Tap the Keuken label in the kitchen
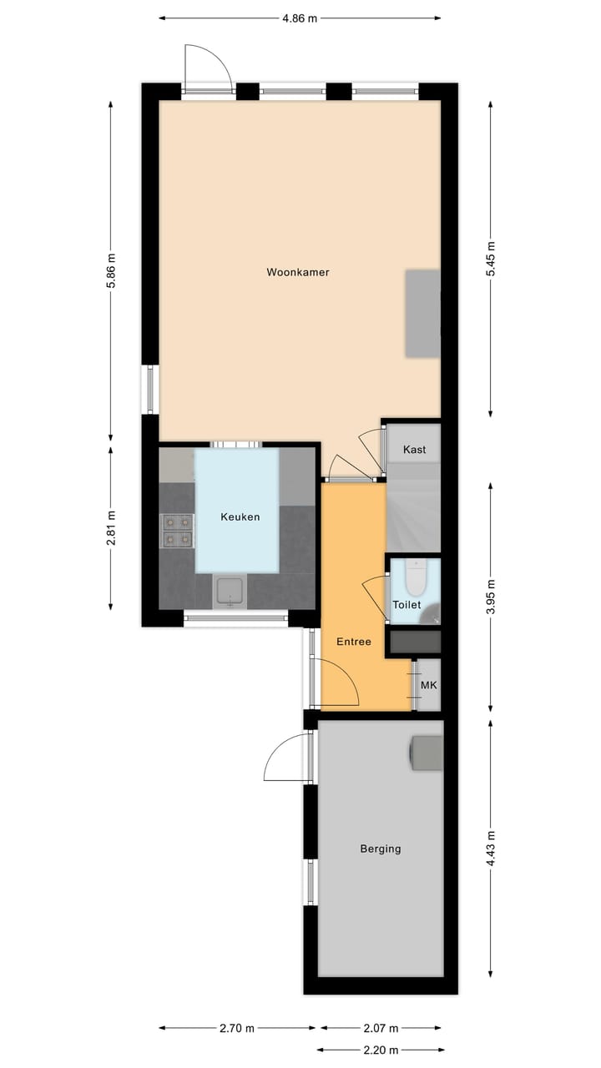(240, 516)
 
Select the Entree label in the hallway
(353, 642)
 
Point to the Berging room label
(380, 849)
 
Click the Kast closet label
(414, 449)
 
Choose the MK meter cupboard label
(428, 685)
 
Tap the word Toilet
(407, 605)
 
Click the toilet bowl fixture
(416, 577)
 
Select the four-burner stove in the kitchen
(176, 530)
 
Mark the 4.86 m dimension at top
(300, 18)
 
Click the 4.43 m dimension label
(491, 848)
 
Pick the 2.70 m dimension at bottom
(237, 1028)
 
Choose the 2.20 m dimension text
(380, 1050)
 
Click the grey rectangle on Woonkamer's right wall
(422, 314)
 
